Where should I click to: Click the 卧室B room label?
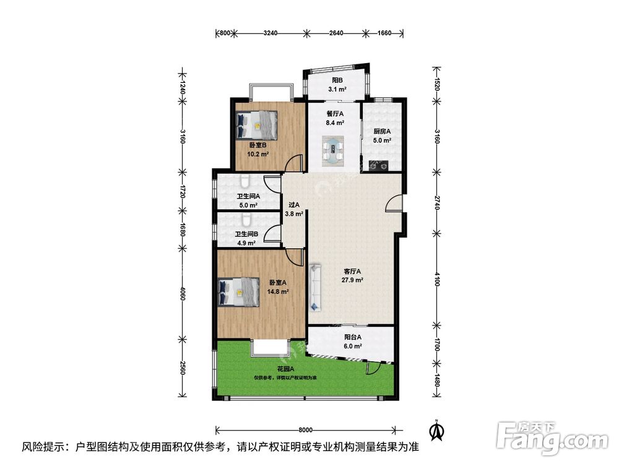click(x=258, y=145)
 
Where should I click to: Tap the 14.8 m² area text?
click(x=277, y=291)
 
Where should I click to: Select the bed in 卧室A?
click(x=238, y=291)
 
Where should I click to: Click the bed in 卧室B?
click(x=257, y=125)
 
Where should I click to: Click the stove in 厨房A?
click(x=379, y=165)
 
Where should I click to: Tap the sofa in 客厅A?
click(x=316, y=287)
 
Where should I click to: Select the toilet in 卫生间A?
click(x=245, y=181)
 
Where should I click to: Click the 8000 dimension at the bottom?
click(x=306, y=430)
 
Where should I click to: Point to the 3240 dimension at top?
click(x=271, y=33)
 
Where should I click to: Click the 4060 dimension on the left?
click(x=183, y=293)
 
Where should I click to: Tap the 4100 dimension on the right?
click(x=436, y=280)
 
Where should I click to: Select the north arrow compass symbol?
click(x=436, y=430)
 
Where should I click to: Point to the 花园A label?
click(x=285, y=369)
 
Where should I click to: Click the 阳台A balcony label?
click(x=353, y=337)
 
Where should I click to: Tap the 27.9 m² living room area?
click(x=353, y=280)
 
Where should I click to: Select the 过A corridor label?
click(x=294, y=205)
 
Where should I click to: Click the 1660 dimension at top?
click(x=384, y=33)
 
